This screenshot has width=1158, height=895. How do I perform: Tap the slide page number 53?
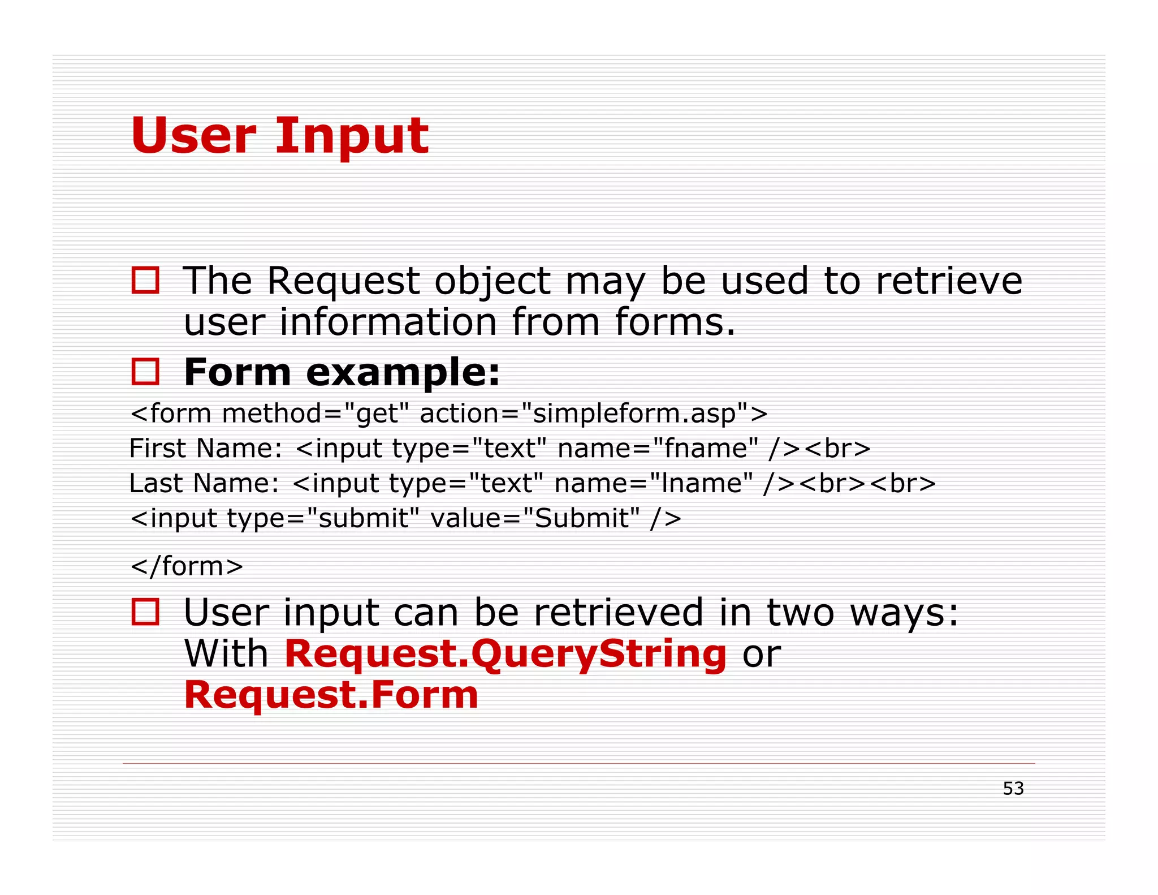[1013, 789]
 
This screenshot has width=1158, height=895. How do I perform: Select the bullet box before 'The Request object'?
[145, 280]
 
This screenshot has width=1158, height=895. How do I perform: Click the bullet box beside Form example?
[145, 372]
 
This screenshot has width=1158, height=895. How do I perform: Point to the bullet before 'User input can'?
[145, 612]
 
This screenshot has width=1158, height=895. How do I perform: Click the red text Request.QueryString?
[505, 654]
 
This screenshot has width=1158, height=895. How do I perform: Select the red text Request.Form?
[331, 695]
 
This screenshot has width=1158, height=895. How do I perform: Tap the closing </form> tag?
[187, 566]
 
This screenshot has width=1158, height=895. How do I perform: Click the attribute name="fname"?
[658, 449]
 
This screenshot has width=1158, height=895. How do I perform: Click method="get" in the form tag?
[314, 414]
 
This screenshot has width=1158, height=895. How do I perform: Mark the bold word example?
[403, 373]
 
